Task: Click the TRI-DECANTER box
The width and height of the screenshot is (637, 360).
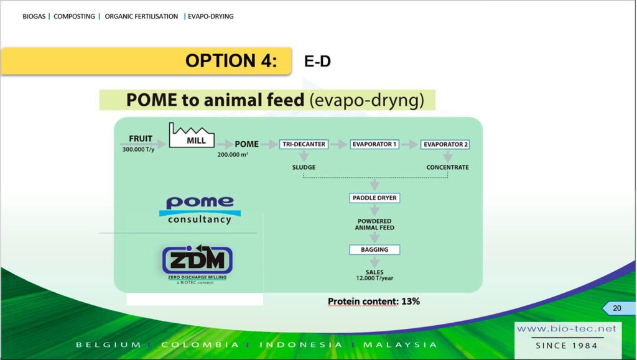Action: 304,144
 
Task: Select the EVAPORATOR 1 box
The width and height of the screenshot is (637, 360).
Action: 374,144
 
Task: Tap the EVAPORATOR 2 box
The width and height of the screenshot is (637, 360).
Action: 445,144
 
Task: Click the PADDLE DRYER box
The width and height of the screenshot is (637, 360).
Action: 374,198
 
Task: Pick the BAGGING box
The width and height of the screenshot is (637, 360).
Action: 374,249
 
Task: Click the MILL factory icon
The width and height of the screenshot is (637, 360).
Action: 192,135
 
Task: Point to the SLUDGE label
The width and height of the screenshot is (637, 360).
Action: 304,167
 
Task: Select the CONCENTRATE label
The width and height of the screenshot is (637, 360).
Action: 447,167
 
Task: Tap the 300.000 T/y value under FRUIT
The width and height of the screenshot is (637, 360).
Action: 139,149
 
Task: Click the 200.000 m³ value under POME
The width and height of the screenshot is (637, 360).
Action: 233,155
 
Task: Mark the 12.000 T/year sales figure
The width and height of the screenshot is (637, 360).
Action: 374,279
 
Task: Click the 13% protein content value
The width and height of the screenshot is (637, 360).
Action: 411,301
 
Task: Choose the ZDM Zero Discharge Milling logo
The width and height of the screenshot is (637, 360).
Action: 197,264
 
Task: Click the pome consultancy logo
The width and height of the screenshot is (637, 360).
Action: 200,210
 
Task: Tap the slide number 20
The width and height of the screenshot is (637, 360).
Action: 616,308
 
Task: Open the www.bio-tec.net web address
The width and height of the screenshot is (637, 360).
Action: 566,328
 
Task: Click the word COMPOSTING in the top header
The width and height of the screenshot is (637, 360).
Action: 75,16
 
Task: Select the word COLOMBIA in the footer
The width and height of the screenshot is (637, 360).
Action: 200,344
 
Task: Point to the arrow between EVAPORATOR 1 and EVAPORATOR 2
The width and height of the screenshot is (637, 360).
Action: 410,144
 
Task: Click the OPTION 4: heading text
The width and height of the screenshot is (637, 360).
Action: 231,61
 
